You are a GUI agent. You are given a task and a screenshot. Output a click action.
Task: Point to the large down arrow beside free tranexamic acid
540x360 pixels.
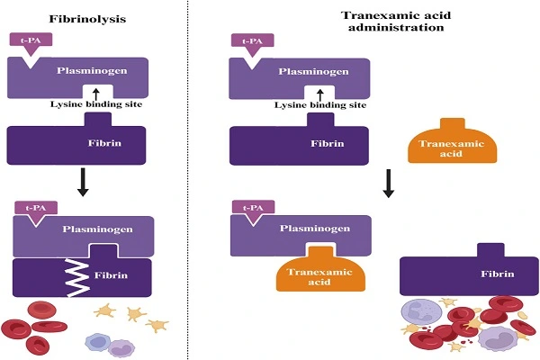[x=389, y=182]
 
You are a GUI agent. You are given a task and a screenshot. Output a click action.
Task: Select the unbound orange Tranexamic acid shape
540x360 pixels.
[x=445, y=143]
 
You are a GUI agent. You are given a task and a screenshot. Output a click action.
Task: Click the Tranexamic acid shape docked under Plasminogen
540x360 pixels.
[x=309, y=274]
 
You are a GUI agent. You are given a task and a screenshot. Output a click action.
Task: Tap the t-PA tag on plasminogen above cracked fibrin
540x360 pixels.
[x=35, y=208]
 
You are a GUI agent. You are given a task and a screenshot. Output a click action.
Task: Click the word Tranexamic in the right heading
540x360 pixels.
[x=368, y=14]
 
